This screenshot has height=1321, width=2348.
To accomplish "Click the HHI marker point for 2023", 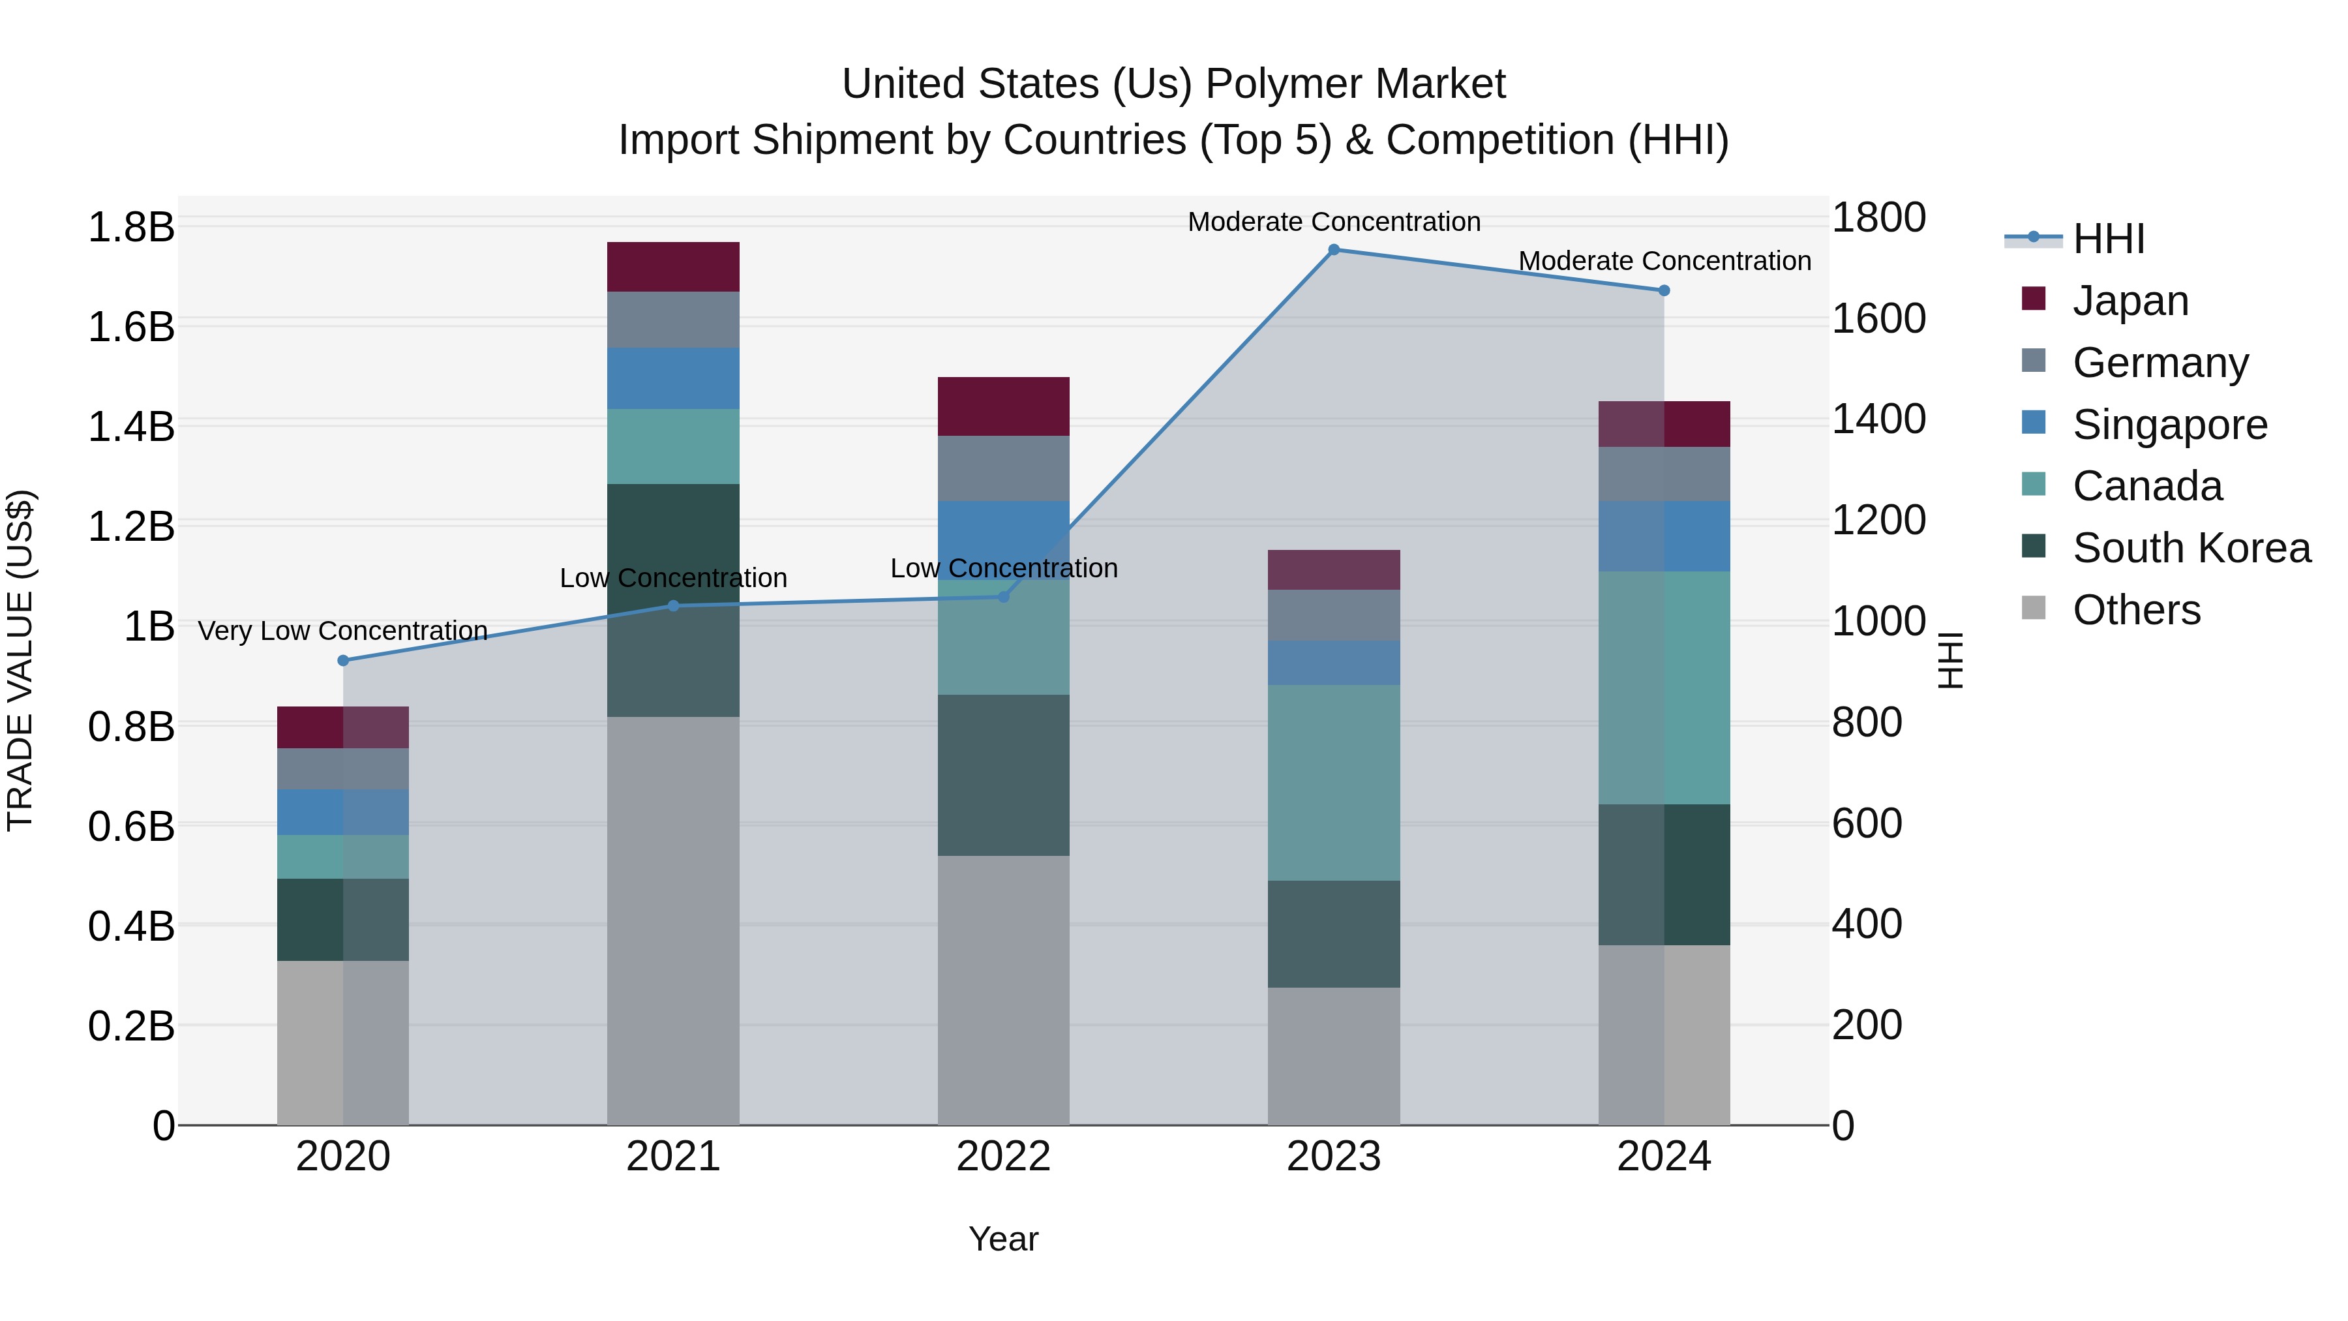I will click(1334, 250).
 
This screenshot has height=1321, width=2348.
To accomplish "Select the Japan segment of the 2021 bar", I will click(672, 267).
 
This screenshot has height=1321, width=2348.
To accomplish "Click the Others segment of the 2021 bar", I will click(672, 920).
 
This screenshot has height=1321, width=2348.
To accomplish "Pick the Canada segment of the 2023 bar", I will click(1334, 783).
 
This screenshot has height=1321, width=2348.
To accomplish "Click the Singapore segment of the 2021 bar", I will click(672, 378).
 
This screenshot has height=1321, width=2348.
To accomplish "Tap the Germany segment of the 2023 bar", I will click(1334, 615).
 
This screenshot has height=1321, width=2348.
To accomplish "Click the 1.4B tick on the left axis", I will click(131, 427).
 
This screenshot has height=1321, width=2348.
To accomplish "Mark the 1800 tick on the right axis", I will click(1878, 219).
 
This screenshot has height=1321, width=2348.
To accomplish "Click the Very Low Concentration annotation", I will click(342, 631).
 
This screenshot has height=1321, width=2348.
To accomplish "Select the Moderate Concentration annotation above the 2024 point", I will click(1664, 262).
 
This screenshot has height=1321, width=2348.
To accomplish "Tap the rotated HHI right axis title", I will click(1949, 660).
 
